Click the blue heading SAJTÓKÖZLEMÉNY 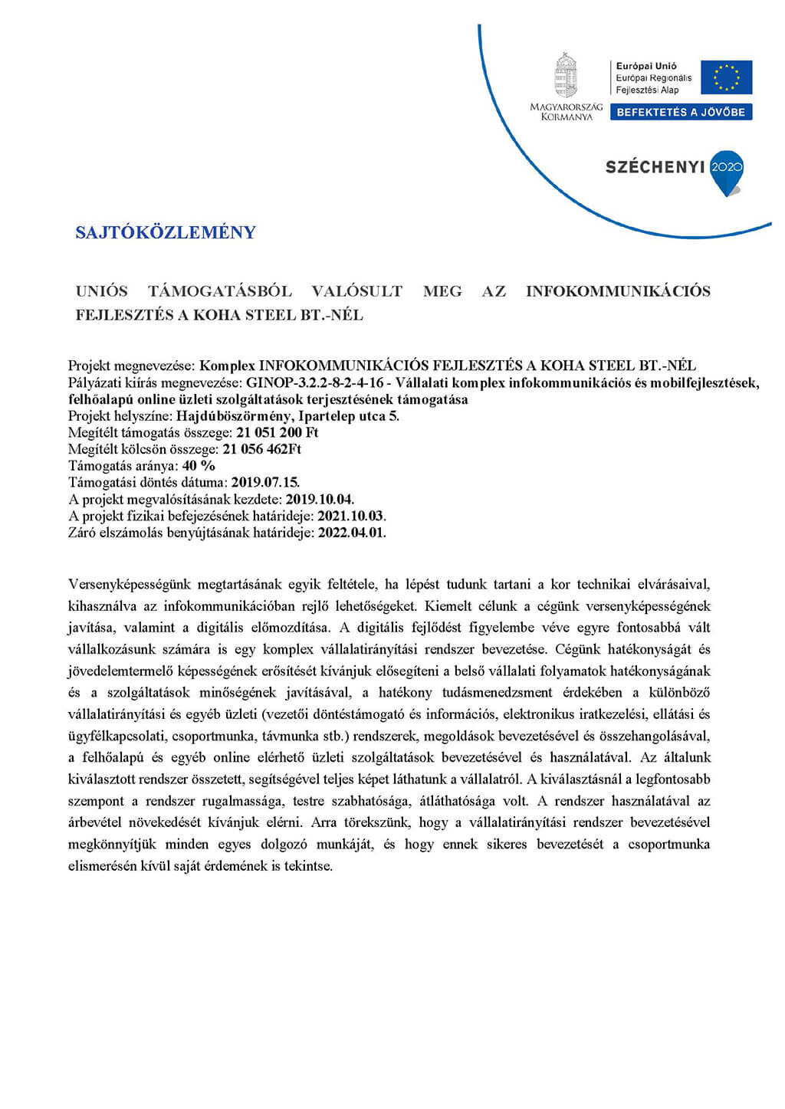point(166,232)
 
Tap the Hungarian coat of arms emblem point(566,75)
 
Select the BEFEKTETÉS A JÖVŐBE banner point(681,112)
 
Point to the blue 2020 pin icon point(726,171)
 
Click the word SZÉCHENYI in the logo point(654,166)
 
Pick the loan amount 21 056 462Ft point(262,449)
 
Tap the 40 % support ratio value point(199,466)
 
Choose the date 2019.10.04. point(320,500)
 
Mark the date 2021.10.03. point(351,516)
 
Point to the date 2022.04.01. point(352,533)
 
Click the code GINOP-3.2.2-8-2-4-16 point(314,382)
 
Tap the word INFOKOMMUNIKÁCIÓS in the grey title point(618,291)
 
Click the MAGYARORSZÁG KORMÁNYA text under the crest point(566,112)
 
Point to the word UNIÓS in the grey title point(101,291)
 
